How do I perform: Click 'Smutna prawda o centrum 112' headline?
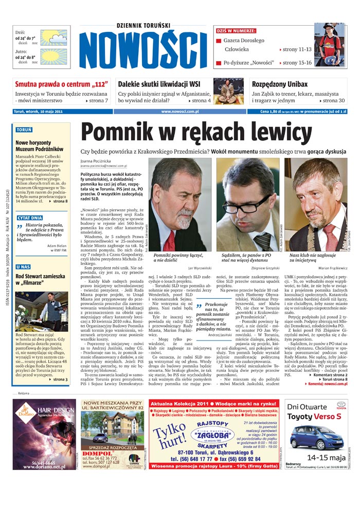coord(58,84)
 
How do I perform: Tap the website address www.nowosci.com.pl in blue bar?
coord(179,111)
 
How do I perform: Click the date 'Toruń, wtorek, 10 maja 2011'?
coord(39,111)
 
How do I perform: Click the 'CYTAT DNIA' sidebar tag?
coord(30,218)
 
